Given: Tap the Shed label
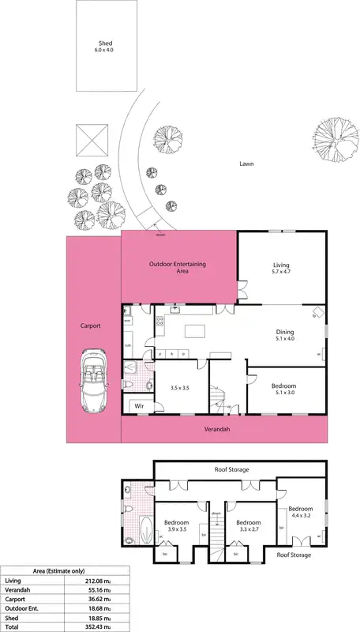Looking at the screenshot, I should tap(106, 45).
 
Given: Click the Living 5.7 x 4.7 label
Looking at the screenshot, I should tap(282, 269).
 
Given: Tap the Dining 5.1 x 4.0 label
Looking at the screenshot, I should tap(284, 336).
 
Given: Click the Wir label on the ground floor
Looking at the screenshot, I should tap(139, 406).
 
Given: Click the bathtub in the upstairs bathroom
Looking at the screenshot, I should tap(145, 529).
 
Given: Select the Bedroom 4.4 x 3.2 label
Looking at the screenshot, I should tap(300, 512).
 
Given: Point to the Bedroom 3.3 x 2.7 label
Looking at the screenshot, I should tap(248, 525).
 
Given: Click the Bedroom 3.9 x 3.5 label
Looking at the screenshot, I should tap(175, 525).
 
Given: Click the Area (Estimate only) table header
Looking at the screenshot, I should tap(64, 571).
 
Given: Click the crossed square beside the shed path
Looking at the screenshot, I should tap(92, 142).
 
